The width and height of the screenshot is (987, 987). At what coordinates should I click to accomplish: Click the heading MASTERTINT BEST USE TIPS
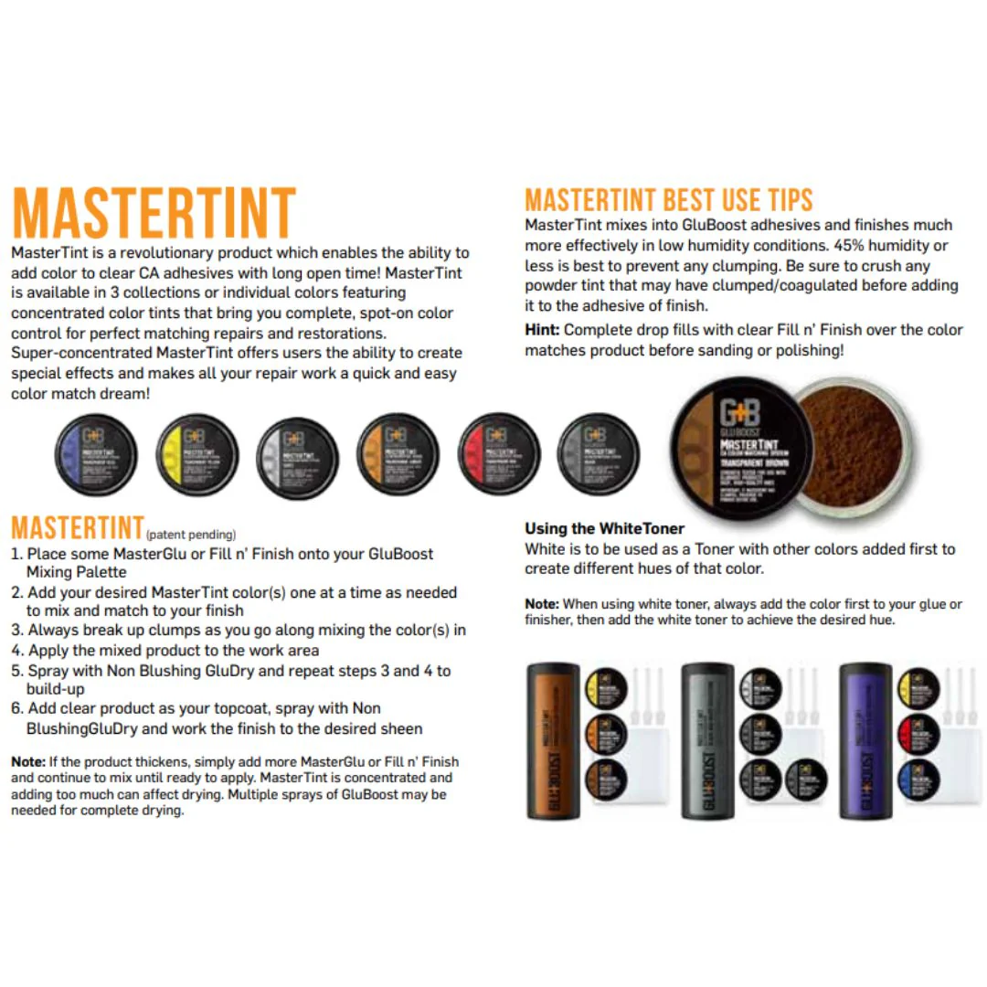(x=668, y=200)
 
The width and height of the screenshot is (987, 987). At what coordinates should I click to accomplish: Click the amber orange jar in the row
(x=396, y=454)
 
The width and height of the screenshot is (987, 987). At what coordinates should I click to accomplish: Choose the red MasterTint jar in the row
(x=497, y=454)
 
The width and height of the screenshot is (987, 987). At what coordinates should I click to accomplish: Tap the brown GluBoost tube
(x=554, y=741)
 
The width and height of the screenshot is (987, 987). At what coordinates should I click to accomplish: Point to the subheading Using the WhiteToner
(x=604, y=528)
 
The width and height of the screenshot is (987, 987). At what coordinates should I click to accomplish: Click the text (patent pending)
(x=191, y=535)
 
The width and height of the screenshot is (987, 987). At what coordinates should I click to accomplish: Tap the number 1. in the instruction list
(x=16, y=554)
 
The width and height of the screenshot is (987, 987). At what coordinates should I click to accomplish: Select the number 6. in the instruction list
(x=16, y=708)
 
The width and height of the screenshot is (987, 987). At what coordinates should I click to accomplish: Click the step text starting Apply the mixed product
(x=174, y=651)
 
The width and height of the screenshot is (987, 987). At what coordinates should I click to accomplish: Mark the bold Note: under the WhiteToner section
(x=542, y=604)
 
